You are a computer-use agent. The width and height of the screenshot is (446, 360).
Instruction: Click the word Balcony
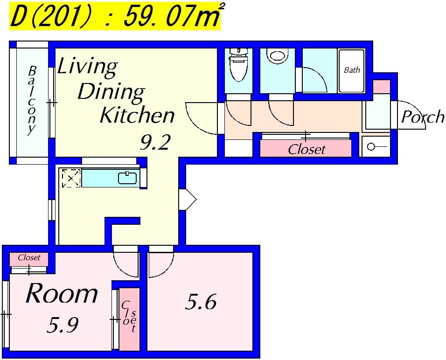click(32, 100)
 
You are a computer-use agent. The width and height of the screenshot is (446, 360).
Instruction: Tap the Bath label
click(352, 70)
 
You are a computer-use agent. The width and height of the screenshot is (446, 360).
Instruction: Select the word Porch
click(423, 116)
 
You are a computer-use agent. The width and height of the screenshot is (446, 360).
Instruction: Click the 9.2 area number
click(155, 142)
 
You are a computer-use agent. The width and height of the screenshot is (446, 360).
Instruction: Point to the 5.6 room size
click(201, 302)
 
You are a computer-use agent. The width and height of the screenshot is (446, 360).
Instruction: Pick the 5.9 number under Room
click(63, 325)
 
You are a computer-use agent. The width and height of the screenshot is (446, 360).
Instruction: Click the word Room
click(62, 293)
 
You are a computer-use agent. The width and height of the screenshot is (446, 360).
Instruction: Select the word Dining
click(111, 91)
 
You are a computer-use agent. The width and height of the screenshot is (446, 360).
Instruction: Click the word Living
click(87, 67)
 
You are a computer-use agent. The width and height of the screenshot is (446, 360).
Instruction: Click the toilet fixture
click(239, 64)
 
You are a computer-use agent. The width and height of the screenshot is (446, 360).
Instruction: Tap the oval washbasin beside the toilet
click(277, 55)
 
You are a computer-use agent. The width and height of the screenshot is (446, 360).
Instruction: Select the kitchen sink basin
click(127, 178)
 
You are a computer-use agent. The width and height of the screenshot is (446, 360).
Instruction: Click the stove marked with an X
click(71, 178)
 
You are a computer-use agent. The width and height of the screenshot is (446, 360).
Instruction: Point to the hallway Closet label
click(307, 149)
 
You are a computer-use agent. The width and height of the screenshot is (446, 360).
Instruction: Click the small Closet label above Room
click(29, 257)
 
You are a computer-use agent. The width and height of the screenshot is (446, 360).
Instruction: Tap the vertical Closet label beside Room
click(129, 316)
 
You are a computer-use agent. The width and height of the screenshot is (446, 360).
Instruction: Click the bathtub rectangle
click(352, 70)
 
